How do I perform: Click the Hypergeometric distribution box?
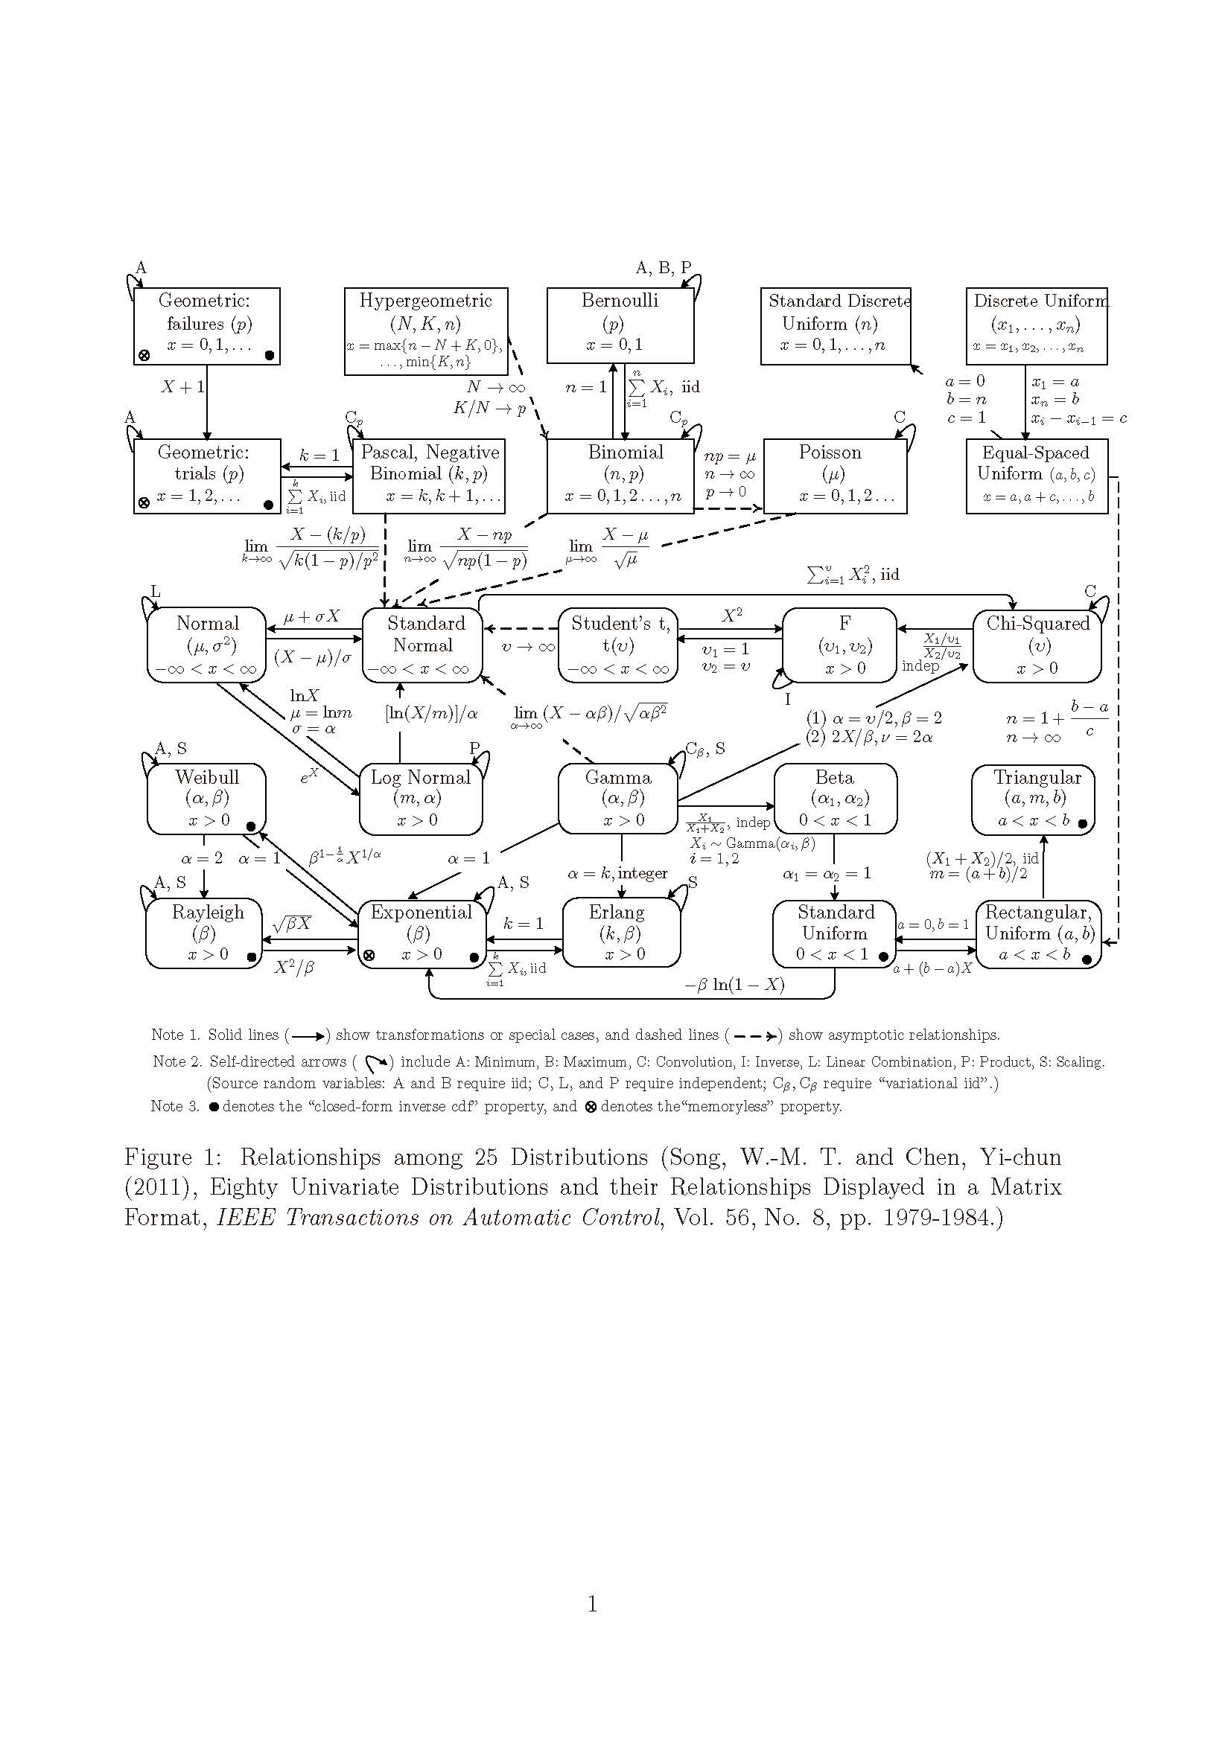[425, 330]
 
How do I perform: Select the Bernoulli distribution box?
[620, 325]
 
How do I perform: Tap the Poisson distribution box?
[834, 476]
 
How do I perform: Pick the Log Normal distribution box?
[420, 799]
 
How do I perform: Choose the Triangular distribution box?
[1033, 799]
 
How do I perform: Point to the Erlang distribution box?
[620, 933]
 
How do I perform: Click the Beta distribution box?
[834, 799]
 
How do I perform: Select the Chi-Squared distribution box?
[1036, 645]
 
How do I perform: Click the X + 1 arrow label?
[182, 388]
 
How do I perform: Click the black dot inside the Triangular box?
[1082, 823]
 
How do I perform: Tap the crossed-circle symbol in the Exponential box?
[369, 956]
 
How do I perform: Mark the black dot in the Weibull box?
[250, 825]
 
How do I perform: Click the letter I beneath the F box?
[787, 699]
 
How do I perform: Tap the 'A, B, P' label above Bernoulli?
[663, 268]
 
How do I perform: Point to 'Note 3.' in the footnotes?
[174, 1106]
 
